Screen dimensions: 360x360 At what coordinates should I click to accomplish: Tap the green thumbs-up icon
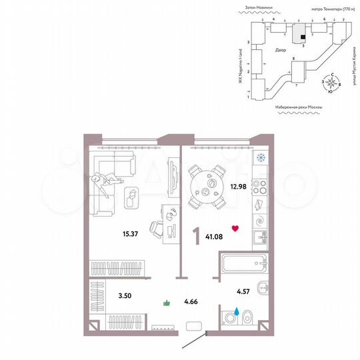167,304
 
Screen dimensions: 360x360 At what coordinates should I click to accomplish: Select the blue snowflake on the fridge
261,158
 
